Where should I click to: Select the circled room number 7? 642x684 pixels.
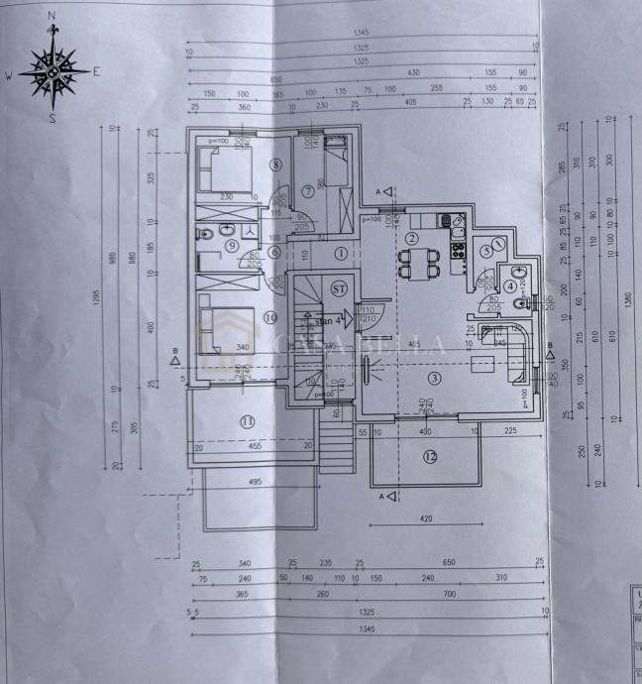pos(308,189)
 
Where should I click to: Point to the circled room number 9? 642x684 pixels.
pos(231,245)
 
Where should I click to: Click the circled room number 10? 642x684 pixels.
pos(271,317)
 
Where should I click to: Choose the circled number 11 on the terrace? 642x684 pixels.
pos(247,421)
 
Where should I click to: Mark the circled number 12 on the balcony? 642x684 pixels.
pos(429,457)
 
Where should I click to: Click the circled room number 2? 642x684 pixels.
pos(412,237)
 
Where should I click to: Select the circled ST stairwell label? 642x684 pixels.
pos(339,288)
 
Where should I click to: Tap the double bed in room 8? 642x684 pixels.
pos(227,169)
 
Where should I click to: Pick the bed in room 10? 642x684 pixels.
pos(225,329)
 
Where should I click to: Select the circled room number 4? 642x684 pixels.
pos(509,286)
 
